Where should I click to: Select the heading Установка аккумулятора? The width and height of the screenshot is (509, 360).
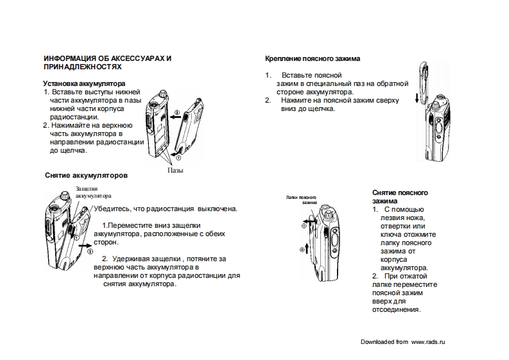pos(84,83)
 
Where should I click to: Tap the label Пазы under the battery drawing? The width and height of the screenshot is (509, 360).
pos(175,171)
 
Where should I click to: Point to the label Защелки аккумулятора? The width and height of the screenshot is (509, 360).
pos(92,192)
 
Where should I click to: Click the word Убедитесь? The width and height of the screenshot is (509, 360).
pos(111,209)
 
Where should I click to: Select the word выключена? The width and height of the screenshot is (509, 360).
pos(218,209)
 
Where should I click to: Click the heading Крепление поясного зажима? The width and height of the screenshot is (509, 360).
pos(313,58)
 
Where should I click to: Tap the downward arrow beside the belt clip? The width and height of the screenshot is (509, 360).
pos(416,98)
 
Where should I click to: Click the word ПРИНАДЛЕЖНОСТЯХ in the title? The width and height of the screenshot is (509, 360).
pos(82,67)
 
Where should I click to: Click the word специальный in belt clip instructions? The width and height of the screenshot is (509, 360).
pos(325,83)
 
